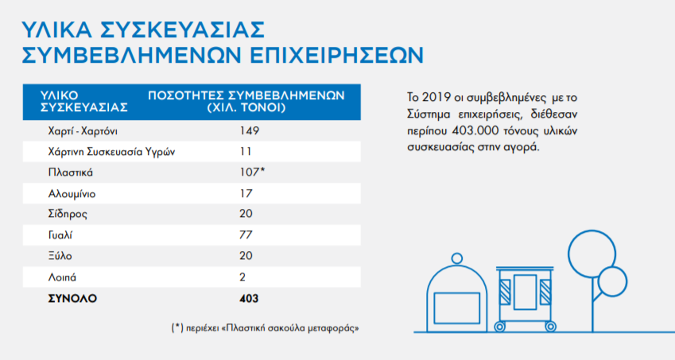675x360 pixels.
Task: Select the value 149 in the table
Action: pyautogui.click(x=250, y=130)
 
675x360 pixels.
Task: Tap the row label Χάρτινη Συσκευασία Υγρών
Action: pyautogui.click(x=111, y=151)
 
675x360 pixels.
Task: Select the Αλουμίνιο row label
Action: pyautogui.click(x=72, y=193)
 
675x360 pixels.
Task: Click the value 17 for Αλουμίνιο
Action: pyautogui.click(x=246, y=193)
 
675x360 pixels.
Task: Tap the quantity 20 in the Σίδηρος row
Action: pyautogui.click(x=246, y=215)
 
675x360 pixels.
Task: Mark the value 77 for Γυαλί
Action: pyautogui.click(x=246, y=236)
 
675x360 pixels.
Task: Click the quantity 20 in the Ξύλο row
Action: pyautogui.click(x=246, y=257)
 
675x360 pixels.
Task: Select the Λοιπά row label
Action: pyautogui.click(x=63, y=278)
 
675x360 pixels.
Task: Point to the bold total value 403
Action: pyautogui.click(x=249, y=299)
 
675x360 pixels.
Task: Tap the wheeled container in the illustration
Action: pyautogui.click(x=526, y=294)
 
